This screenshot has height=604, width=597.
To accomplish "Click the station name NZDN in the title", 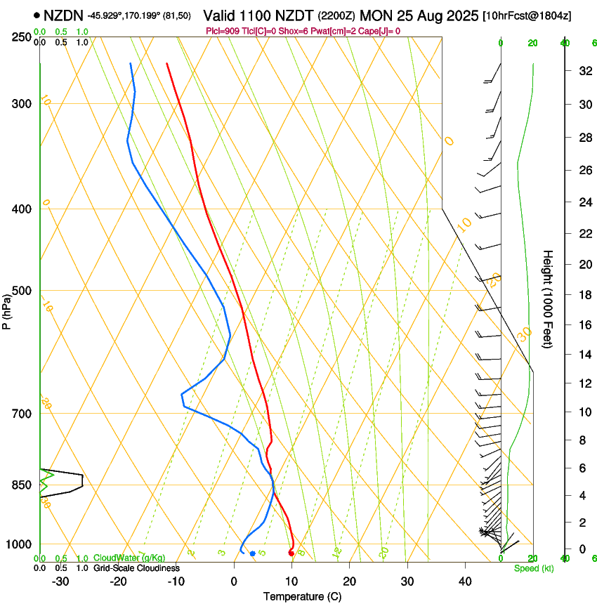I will (x=63, y=15).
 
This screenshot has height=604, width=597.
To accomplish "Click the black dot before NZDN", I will (x=37, y=15).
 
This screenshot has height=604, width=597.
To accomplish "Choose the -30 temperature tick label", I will (x=60, y=582).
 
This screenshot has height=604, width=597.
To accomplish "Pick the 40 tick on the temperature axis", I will (x=464, y=582).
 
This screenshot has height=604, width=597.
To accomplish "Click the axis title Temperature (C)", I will (x=302, y=596).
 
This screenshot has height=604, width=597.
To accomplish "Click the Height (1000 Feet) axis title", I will (x=549, y=299).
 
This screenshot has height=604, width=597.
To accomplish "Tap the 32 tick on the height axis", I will (x=584, y=71).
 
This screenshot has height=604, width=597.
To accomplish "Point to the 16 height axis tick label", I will (x=584, y=325).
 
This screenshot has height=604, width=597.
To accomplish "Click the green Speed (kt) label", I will (x=533, y=568).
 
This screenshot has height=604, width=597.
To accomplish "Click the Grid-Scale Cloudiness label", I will (x=136, y=568).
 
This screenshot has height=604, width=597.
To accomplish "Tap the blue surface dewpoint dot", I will (x=253, y=554).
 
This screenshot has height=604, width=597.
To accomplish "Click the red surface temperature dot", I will (x=291, y=553).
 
